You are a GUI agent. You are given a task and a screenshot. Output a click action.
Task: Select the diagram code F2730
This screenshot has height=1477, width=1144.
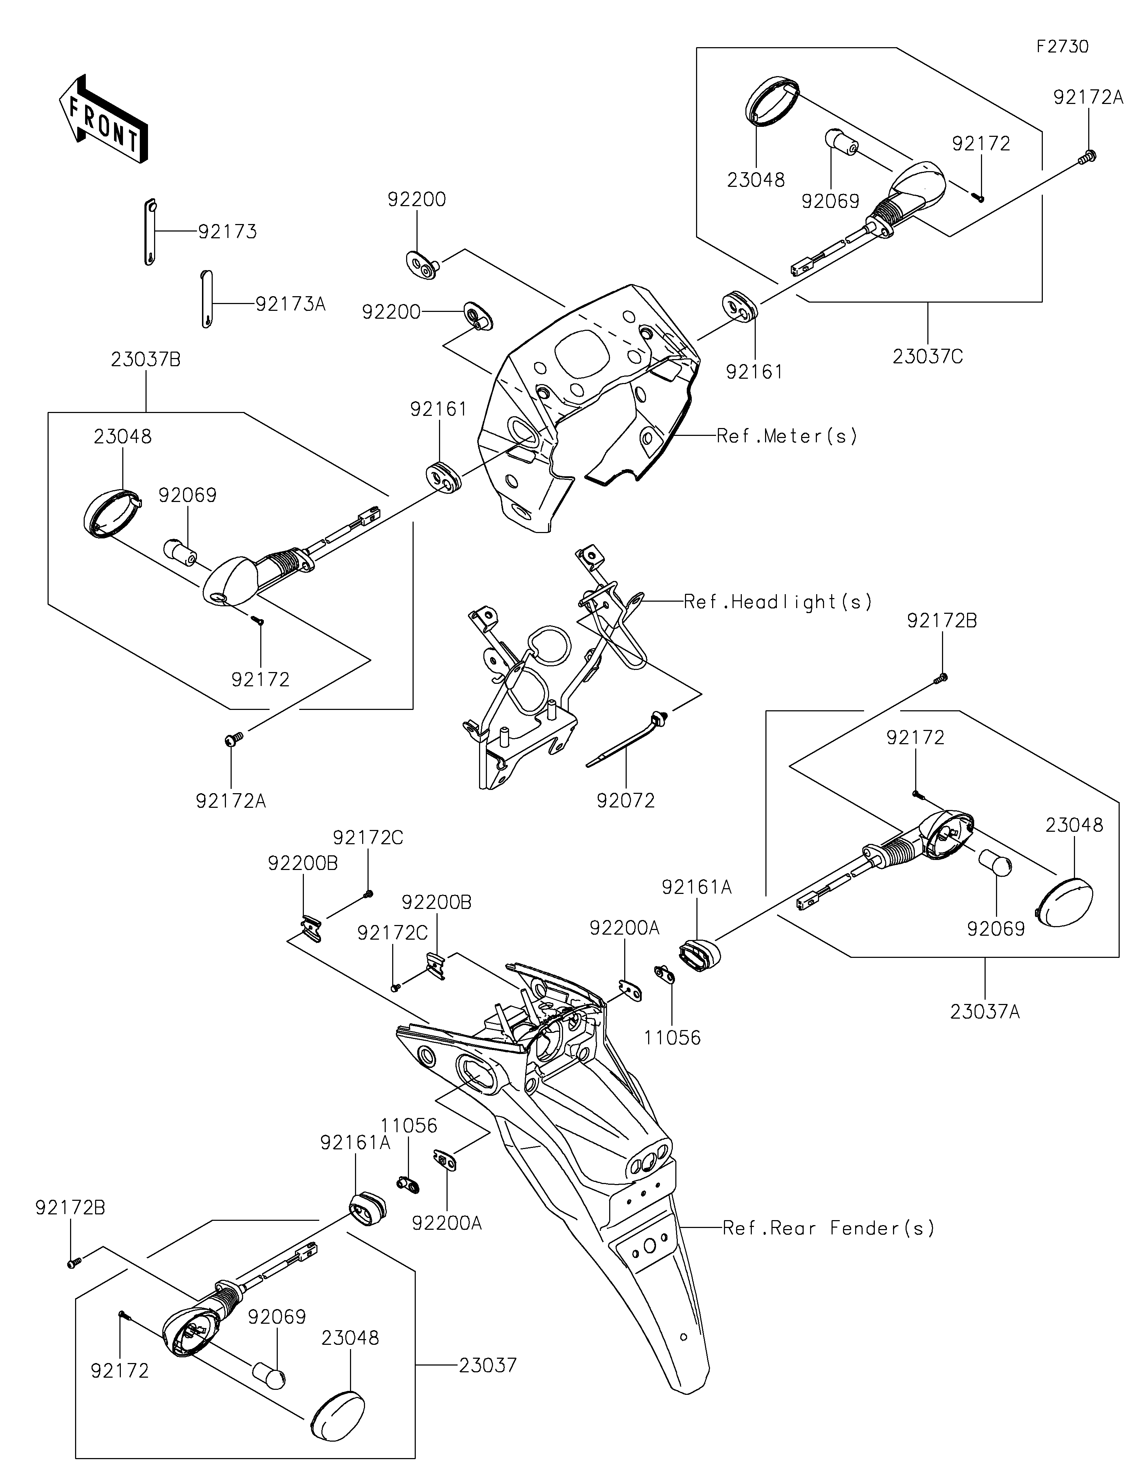pos(1062,47)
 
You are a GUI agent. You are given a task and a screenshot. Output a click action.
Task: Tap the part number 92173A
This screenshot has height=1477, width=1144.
pos(290,304)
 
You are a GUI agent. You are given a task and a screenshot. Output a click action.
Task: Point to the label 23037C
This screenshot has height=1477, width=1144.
pos(927,357)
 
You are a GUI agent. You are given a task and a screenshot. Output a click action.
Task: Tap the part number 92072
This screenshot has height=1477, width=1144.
pos(626,801)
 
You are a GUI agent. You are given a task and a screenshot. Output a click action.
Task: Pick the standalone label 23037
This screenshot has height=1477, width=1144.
pos(487,1366)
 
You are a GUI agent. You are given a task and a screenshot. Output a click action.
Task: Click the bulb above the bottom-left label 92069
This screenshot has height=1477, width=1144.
pos(269,1376)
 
